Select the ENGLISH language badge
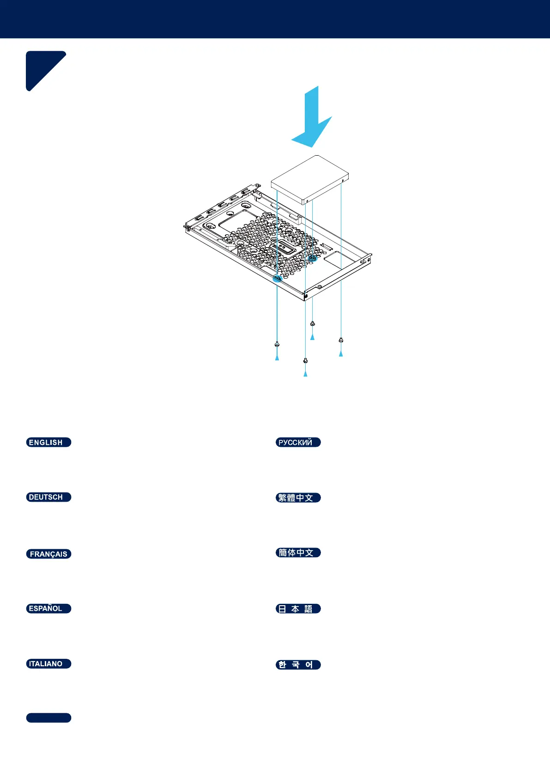pyautogui.click(x=48, y=442)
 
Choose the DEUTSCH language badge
pyautogui.click(x=48, y=497)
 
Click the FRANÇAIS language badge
pyautogui.click(x=48, y=553)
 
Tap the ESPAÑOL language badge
pyautogui.click(x=48, y=608)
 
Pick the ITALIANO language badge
pyautogui.click(x=48, y=663)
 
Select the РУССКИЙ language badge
pyautogui.click(x=298, y=442)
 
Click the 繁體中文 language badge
pyautogui.click(x=298, y=498)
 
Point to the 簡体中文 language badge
pyautogui.click(x=298, y=553)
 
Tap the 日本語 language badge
pyautogui.click(x=298, y=608)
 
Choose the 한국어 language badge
pyautogui.click(x=298, y=664)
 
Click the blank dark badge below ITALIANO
pyautogui.click(x=48, y=717)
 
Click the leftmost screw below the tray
pyautogui.click(x=277, y=344)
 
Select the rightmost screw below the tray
pyautogui.click(x=341, y=340)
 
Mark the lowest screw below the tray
pyautogui.click(x=305, y=360)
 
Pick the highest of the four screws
pyautogui.click(x=313, y=323)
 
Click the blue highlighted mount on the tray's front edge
pyautogui.click(x=278, y=279)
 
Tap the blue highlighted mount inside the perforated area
pyautogui.click(x=313, y=258)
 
